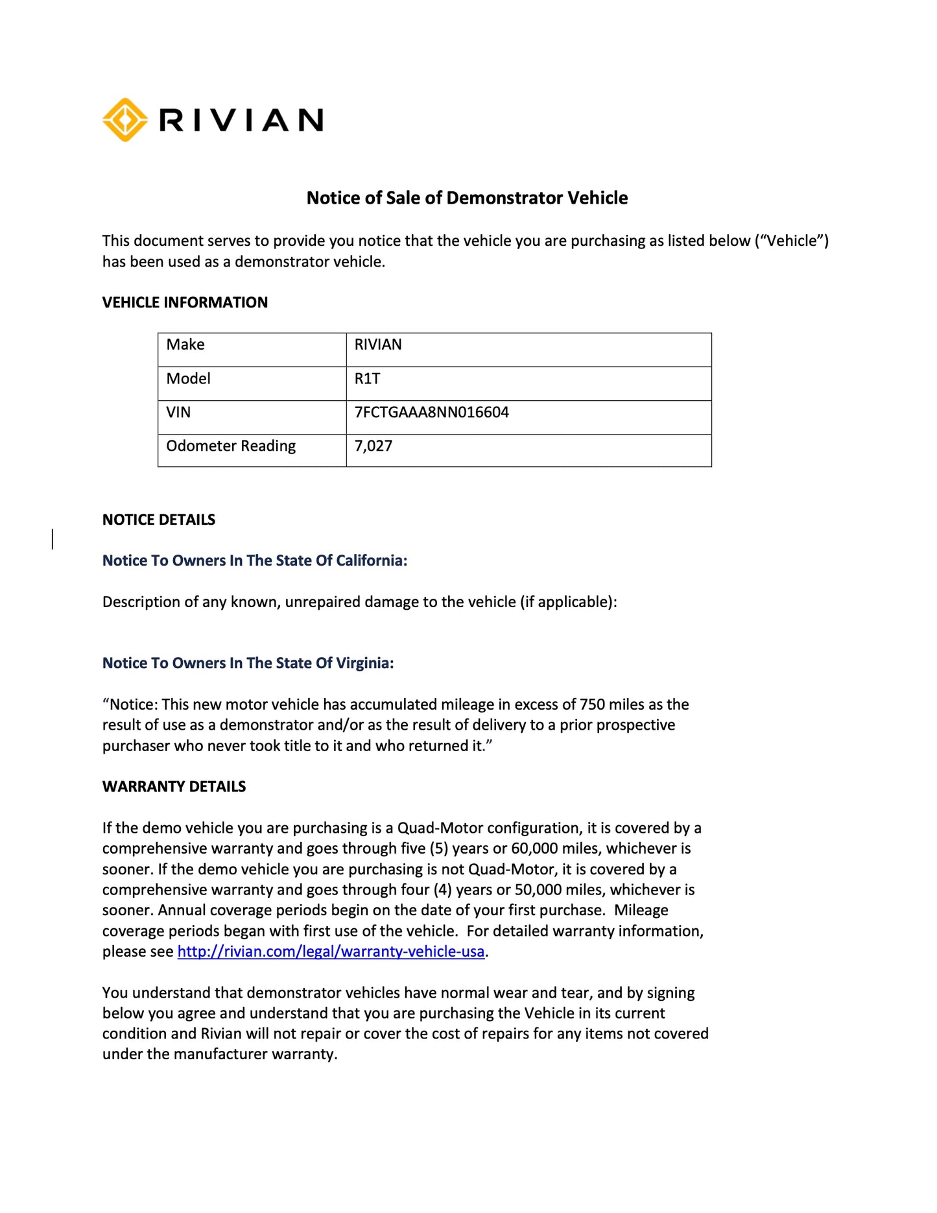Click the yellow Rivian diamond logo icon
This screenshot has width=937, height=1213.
[x=125, y=120]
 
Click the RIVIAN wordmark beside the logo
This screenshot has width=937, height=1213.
[x=241, y=121]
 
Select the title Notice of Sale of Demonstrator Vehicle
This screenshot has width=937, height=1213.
[x=467, y=198]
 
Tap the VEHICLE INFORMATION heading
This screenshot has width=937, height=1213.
[x=185, y=302]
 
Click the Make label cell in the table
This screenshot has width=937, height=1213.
[x=185, y=344]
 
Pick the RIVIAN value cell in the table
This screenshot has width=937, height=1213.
[x=378, y=344]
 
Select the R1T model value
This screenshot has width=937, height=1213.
[x=367, y=379]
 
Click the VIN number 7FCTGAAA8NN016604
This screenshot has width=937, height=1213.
[x=431, y=413]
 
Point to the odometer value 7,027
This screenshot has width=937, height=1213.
[x=373, y=446]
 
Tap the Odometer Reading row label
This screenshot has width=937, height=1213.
[x=231, y=446]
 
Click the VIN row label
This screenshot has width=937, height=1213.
[x=178, y=413]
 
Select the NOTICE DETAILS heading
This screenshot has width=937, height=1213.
[x=159, y=520]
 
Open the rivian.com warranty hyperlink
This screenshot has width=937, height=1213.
[x=331, y=952]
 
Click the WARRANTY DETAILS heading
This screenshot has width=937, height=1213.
[x=174, y=787]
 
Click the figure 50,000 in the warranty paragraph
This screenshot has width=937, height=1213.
[x=540, y=890]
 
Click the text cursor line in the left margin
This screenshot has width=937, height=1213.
[x=53, y=539]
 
